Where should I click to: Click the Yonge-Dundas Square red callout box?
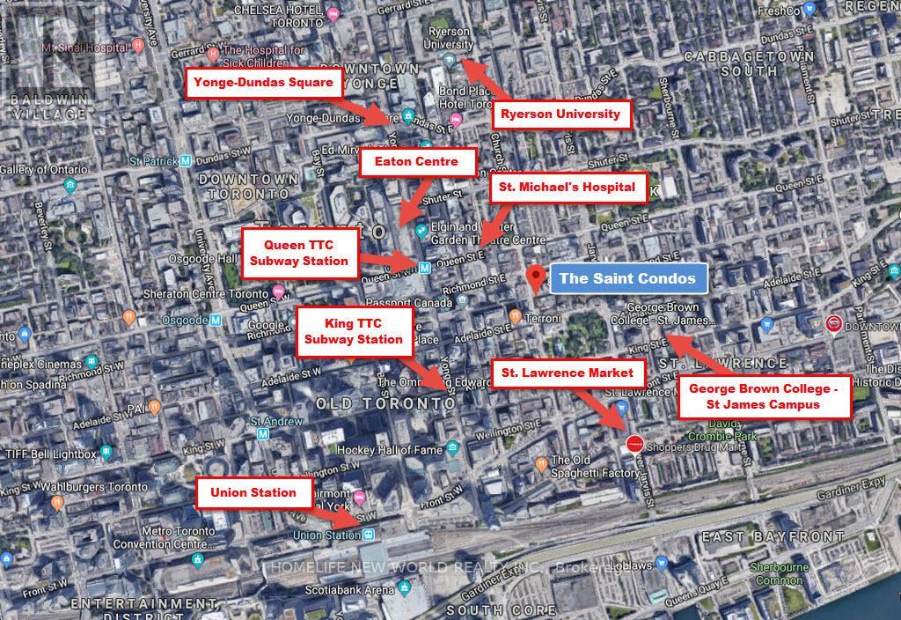pos(264,84)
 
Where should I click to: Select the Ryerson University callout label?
pos(560,114)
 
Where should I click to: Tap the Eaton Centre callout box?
pos(417,162)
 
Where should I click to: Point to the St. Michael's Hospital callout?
pos(567,187)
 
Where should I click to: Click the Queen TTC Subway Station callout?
pos(299,252)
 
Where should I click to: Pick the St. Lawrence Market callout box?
pos(568,373)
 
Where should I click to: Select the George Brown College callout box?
pos(764,396)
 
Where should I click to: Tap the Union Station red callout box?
pos(253,492)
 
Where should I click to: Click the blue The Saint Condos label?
pos(627,278)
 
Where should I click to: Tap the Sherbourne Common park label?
pos(780,574)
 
